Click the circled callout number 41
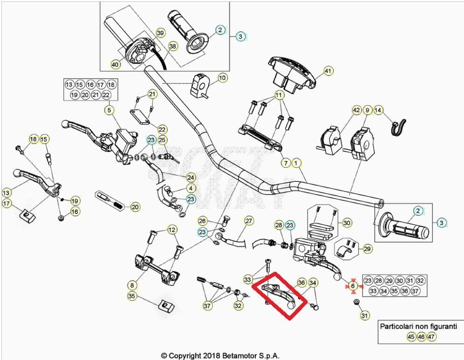(x=328, y=71)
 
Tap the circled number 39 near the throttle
(x=160, y=33)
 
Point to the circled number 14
(x=378, y=111)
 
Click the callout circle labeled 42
(x=356, y=111)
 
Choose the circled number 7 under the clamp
(x=286, y=163)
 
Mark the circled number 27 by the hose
(x=249, y=221)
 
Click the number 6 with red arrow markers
(x=353, y=286)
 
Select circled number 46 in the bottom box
(x=421, y=337)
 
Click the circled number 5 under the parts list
(x=109, y=111)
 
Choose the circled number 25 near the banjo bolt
(x=162, y=140)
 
